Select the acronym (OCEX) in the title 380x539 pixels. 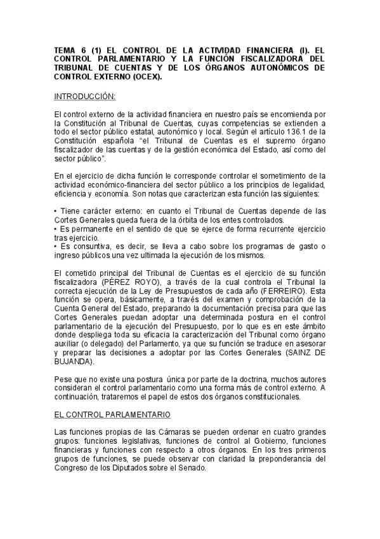tap(145, 76)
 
